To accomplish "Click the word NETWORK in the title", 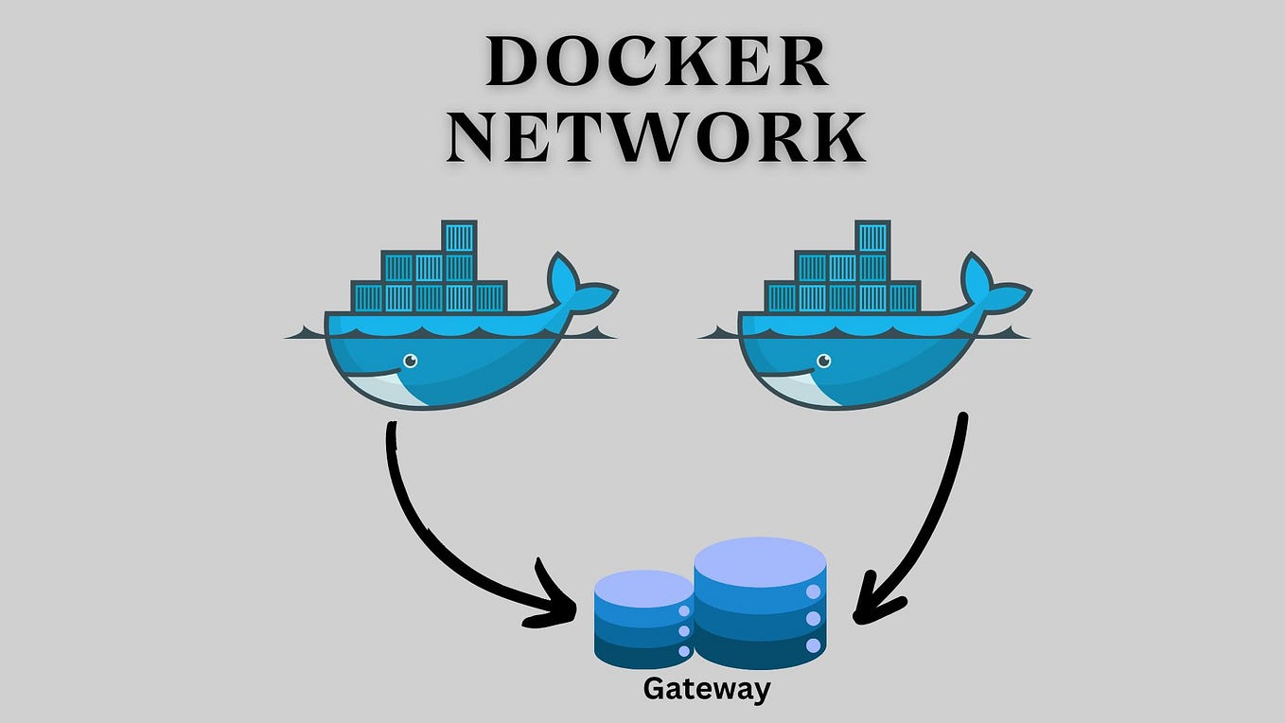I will [657, 137].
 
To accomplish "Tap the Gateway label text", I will [706, 689].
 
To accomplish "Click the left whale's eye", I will [410, 361].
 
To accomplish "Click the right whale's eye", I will [823, 361].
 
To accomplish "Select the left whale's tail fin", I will [576, 286].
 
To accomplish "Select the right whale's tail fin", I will [990, 286].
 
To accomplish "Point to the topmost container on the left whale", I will [459, 236].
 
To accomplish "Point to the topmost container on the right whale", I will [872, 236].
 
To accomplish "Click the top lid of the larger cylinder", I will [760, 559].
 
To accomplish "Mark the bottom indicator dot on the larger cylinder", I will [813, 645].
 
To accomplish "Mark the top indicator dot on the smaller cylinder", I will [684, 611].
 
